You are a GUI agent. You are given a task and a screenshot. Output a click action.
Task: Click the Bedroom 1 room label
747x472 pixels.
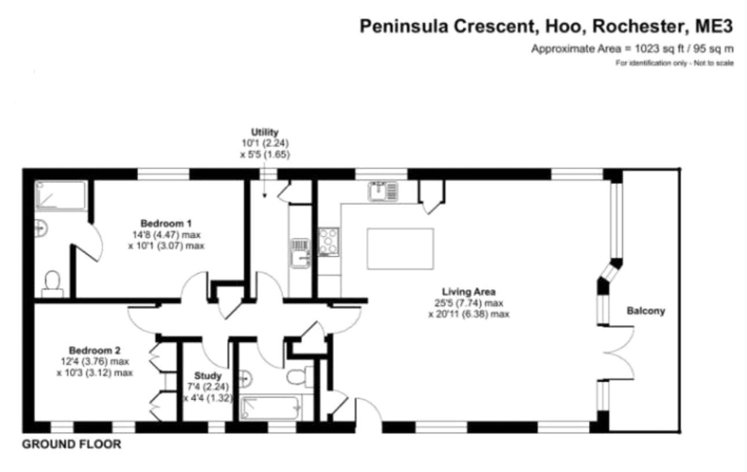(166, 223)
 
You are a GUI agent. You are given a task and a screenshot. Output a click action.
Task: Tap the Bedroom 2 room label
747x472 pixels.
(94, 351)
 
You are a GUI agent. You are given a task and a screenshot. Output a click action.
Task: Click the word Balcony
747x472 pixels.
(646, 311)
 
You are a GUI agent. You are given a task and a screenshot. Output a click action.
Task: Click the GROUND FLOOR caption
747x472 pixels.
(72, 445)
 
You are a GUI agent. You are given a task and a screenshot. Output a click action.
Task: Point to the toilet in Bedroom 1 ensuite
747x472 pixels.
(52, 282)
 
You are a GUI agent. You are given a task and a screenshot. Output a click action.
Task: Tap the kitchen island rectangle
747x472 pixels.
(400, 248)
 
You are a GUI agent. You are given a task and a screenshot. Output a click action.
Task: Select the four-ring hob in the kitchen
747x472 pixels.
(328, 242)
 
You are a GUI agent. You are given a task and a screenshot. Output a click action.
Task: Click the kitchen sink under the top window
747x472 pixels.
(382, 191)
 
